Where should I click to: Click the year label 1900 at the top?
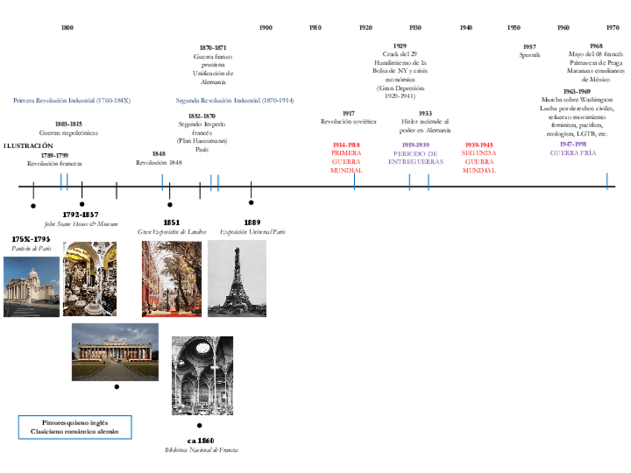pyautogui.click(x=265, y=28)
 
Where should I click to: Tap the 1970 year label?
pyautogui.click(x=612, y=28)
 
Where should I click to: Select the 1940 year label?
pyautogui.click(x=466, y=28)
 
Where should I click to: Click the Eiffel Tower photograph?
pyautogui.click(x=237, y=278)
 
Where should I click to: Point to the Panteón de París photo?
pyautogui.click(x=31, y=286)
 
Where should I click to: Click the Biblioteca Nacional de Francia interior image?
pyautogui.click(x=202, y=376)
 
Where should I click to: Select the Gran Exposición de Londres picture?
pyautogui.click(x=171, y=278)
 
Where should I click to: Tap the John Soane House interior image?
pyautogui.click(x=89, y=279)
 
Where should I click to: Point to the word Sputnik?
pyautogui.click(x=529, y=55)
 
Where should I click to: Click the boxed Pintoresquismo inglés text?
pyautogui.click(x=74, y=421)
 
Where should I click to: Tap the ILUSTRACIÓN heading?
pyautogui.click(x=28, y=146)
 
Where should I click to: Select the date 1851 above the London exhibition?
pyautogui.click(x=171, y=222)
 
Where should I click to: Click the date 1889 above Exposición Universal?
pyautogui.click(x=252, y=222)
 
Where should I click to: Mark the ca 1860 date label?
pyautogui.click(x=201, y=441)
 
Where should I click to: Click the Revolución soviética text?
pyautogui.click(x=348, y=121)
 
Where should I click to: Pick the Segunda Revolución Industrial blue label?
pyautogui.click(x=234, y=100)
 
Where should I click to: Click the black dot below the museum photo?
pyautogui.click(x=116, y=387)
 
